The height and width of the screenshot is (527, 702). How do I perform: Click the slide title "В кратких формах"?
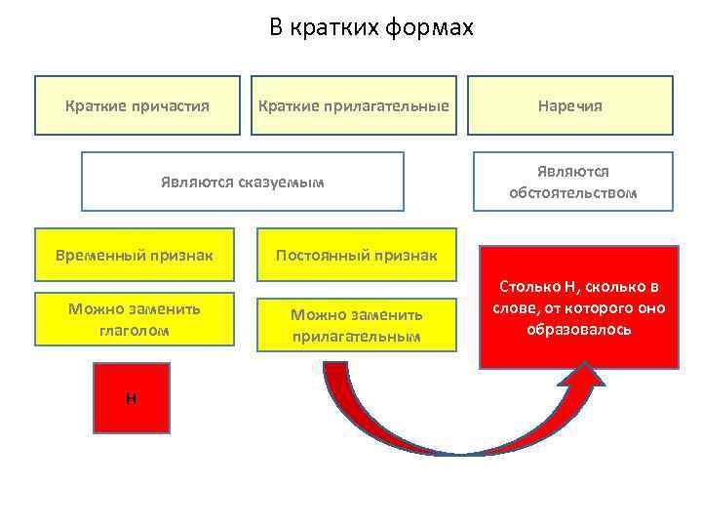370,28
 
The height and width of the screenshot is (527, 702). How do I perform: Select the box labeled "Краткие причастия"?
137,105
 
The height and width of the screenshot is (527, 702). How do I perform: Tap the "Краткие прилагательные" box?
353,105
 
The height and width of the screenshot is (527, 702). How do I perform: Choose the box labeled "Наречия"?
572,105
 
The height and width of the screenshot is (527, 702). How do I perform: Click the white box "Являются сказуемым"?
242,182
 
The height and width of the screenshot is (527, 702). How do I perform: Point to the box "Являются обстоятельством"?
572,182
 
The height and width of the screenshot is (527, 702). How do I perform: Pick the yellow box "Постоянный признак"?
356,256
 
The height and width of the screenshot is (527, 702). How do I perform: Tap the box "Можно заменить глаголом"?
135,319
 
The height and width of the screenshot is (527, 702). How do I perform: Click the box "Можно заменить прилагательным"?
356,325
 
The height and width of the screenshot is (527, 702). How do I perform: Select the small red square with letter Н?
131,397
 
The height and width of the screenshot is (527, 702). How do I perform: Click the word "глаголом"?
135,330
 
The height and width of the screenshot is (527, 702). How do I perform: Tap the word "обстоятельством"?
572,192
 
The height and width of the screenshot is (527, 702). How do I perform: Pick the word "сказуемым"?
286,182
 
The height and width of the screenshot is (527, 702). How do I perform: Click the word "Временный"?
102,256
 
